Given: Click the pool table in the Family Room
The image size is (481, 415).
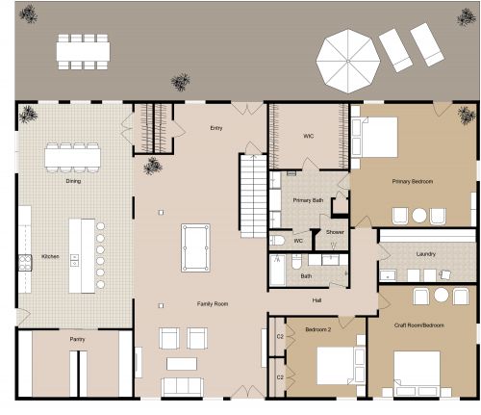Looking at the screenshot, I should click(x=195, y=247).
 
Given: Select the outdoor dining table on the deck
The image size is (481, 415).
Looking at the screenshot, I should click(x=83, y=51).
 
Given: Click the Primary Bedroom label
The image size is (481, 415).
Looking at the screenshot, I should click(x=412, y=181).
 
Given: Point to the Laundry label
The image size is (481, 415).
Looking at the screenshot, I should click(x=426, y=254).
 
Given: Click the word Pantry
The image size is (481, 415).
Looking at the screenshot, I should click(x=78, y=339).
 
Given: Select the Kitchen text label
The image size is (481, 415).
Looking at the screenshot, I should click(x=50, y=256).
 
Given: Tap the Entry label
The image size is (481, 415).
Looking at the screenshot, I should click(x=215, y=127).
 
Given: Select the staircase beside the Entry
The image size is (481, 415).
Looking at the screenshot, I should click(x=252, y=195).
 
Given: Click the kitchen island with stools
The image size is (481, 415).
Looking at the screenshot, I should click(x=83, y=255).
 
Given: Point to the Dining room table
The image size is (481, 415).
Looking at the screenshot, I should click(x=72, y=157).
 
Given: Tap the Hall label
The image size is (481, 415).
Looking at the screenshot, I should click(x=316, y=300).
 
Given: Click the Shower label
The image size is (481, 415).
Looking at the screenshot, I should click(x=335, y=232).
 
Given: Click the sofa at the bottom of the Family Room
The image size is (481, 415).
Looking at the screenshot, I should click(x=183, y=386).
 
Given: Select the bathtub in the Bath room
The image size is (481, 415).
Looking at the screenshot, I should click(x=277, y=271).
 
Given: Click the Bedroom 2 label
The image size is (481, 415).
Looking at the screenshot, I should click(x=318, y=328).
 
